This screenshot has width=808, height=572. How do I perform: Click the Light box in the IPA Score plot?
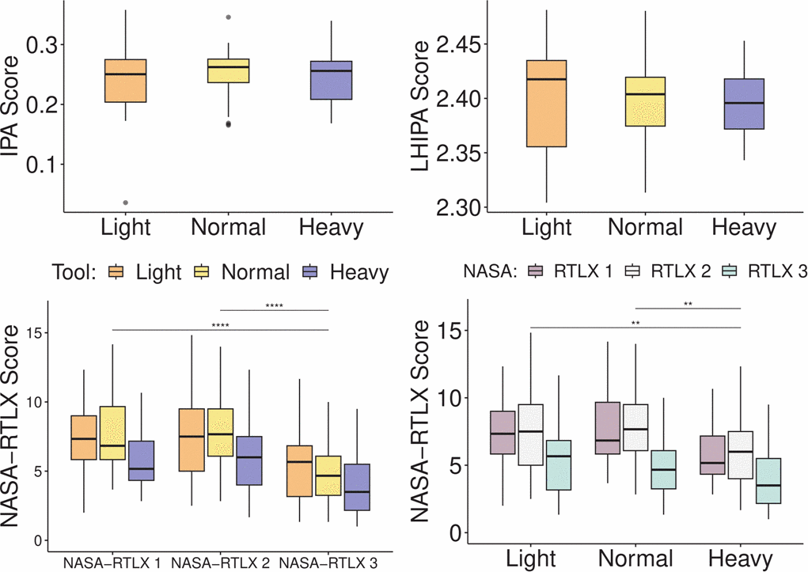click(x=126, y=81)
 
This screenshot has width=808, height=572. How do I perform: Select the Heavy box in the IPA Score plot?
click(x=332, y=80)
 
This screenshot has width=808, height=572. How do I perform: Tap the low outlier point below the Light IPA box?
click(x=126, y=203)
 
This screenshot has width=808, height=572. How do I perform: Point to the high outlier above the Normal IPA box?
click(x=229, y=17)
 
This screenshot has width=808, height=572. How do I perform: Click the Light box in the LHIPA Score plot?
click(x=546, y=104)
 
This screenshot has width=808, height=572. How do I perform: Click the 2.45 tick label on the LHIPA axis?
click(x=469, y=44)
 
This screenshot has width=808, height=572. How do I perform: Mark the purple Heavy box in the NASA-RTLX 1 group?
click(x=140, y=460)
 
